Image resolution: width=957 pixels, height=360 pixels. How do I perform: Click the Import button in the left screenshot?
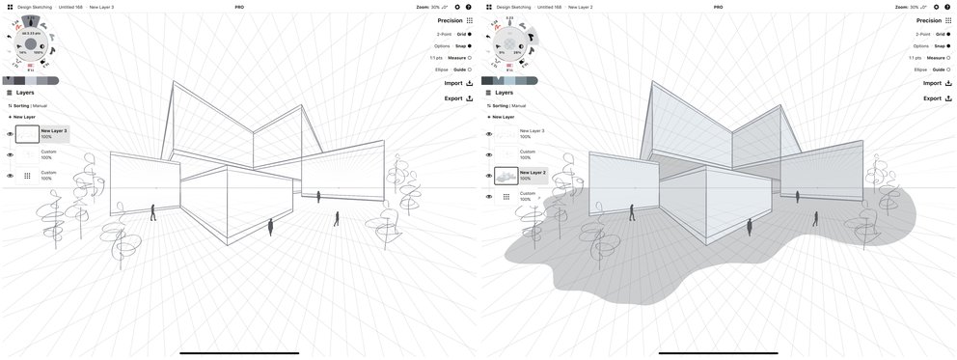[x=457, y=83]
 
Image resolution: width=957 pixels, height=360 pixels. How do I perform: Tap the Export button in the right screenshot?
[x=937, y=98]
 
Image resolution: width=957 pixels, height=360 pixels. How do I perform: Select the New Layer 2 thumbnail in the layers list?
[x=506, y=176]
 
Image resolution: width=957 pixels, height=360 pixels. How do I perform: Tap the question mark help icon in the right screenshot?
[x=947, y=7]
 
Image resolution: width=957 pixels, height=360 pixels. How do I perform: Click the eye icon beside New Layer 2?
[x=488, y=176]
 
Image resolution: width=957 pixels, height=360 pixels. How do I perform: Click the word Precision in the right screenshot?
[x=929, y=20]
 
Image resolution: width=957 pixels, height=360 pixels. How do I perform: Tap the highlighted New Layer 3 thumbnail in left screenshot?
[x=27, y=134]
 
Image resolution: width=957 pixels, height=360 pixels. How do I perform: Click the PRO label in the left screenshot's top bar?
[x=239, y=7]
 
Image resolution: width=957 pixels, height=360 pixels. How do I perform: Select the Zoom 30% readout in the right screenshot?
[x=911, y=7]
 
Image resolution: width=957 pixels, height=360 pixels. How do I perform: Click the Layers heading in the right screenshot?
[x=504, y=93]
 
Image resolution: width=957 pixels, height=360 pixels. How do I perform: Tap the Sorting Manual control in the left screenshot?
[x=28, y=105]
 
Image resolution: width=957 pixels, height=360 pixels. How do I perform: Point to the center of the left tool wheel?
[x=30, y=44]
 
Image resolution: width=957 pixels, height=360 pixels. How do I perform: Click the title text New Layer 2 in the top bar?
[x=580, y=7]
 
